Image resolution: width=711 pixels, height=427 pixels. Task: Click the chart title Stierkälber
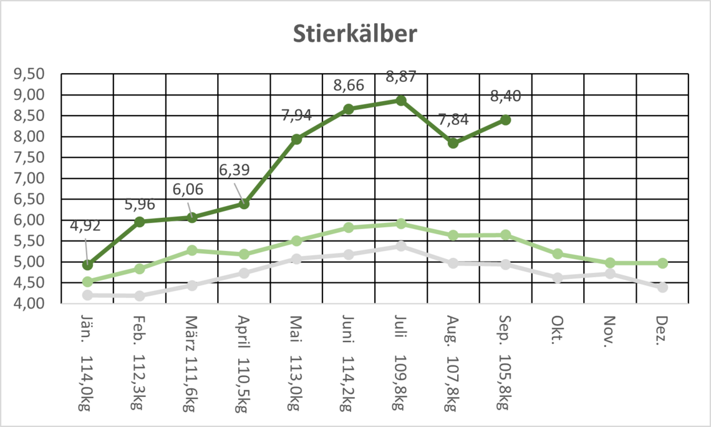click(356, 34)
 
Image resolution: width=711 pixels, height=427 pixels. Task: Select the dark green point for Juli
click(401, 101)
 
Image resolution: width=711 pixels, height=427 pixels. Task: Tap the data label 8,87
click(401, 77)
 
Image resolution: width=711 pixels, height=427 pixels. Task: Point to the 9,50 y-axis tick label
click(29, 74)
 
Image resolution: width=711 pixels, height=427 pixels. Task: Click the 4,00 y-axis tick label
click(29, 303)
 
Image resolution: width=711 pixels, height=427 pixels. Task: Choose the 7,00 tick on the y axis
click(29, 178)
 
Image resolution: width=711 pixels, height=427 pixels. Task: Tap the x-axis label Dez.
click(662, 330)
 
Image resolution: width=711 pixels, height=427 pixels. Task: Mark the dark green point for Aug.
click(453, 143)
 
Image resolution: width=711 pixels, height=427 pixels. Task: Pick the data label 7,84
click(453, 120)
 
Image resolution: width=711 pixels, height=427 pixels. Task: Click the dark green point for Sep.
click(505, 120)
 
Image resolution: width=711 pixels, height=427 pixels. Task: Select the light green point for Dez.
click(662, 263)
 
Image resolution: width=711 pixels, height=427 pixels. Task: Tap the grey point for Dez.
click(662, 287)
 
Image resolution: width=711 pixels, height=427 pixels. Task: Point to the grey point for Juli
click(401, 246)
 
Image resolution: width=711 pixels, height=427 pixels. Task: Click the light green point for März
click(192, 250)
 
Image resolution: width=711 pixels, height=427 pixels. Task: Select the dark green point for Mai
click(296, 139)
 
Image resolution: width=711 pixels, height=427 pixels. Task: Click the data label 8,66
click(349, 86)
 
